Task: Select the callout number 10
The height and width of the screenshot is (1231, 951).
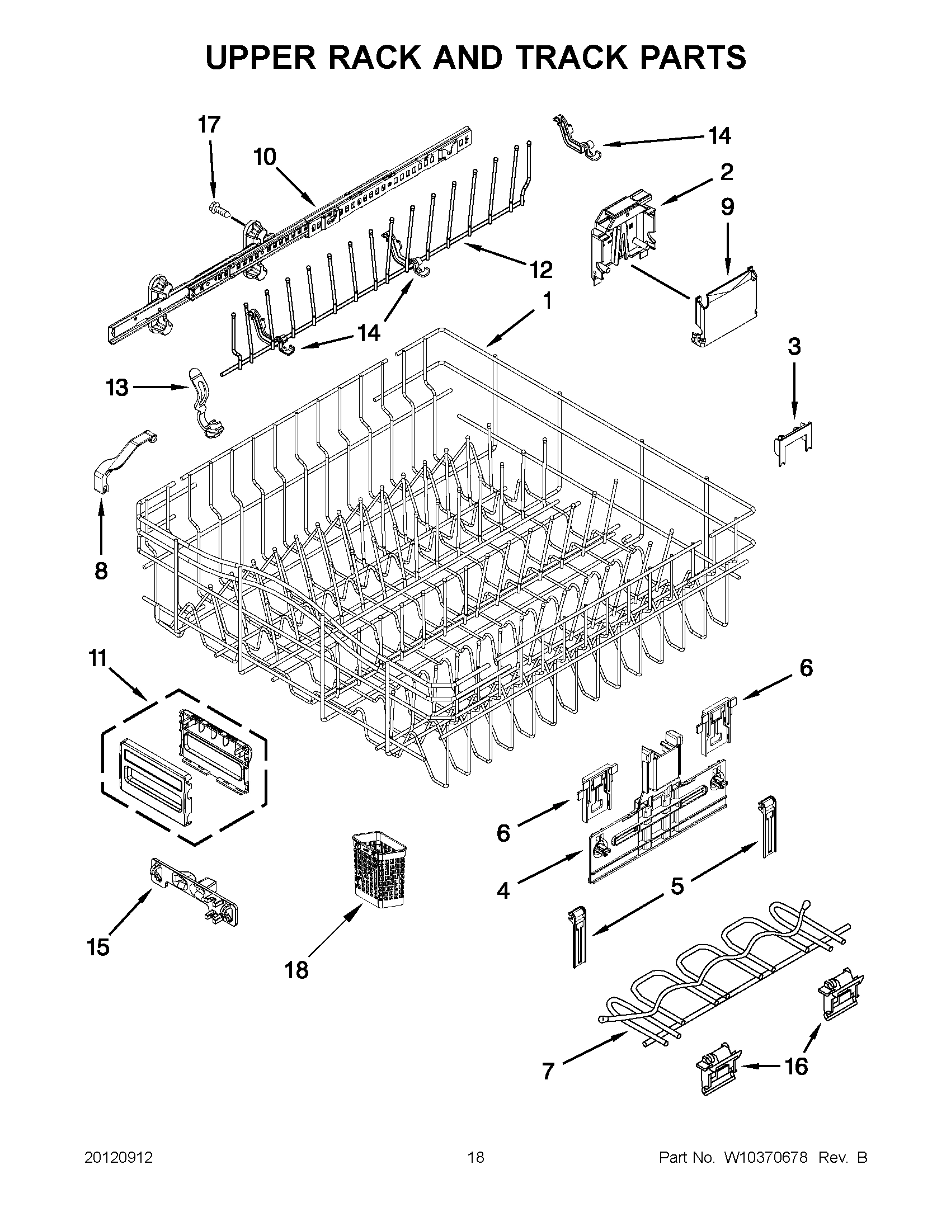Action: [x=265, y=157]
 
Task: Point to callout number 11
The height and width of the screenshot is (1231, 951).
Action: [x=98, y=657]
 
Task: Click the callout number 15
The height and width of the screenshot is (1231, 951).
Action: [x=98, y=947]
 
